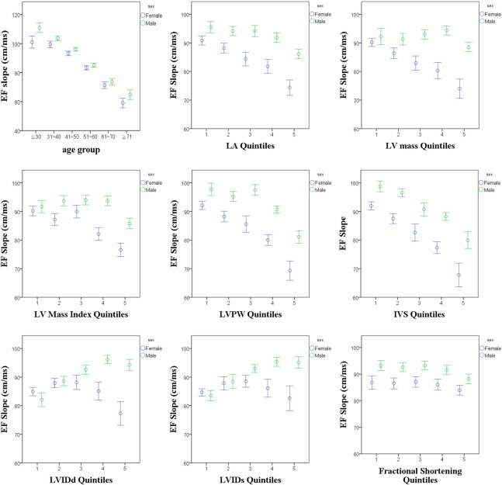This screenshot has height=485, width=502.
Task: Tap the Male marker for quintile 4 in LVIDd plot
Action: pyautogui.click(x=107, y=359)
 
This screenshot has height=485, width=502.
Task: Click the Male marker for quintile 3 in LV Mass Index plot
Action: pyautogui.click(x=85, y=200)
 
